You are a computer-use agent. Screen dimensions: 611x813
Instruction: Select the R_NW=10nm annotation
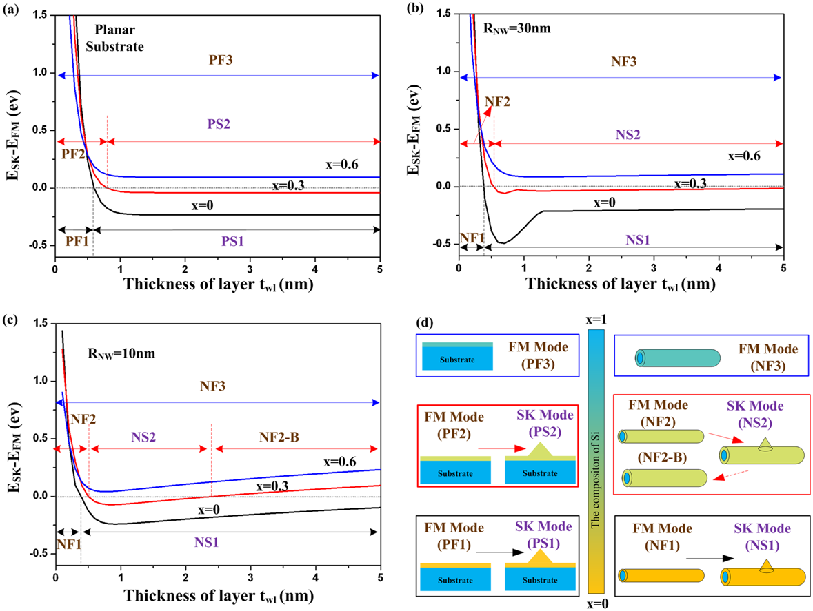pos(119,354)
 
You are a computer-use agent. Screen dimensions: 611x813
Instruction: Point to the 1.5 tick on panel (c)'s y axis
pos(40,323)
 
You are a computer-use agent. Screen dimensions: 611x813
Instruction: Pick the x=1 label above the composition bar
pos(597,319)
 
